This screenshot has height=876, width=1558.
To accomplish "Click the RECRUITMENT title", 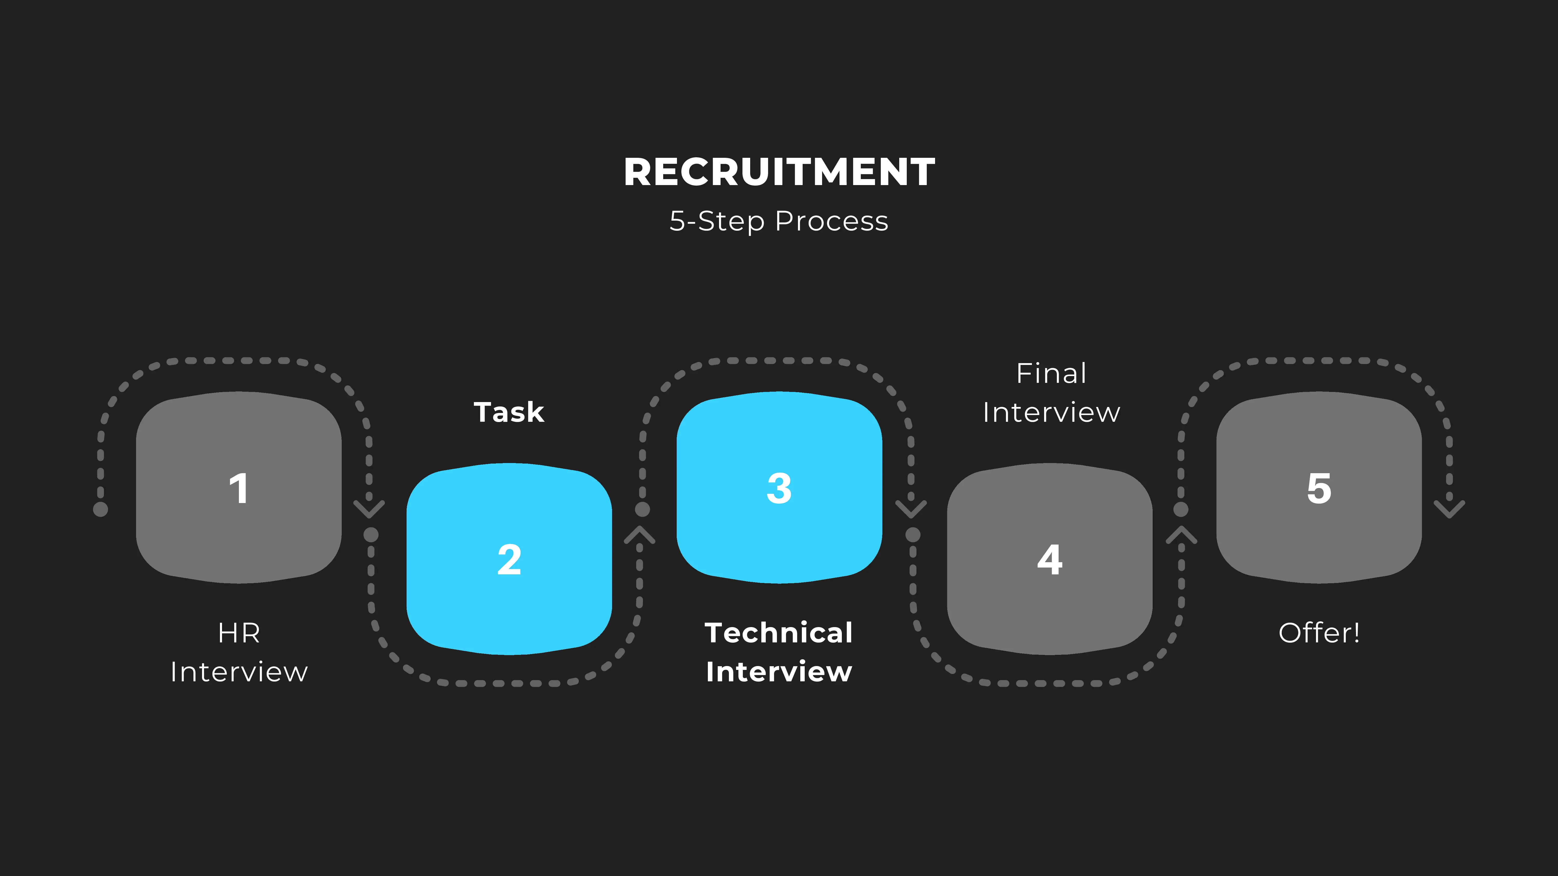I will (779, 172).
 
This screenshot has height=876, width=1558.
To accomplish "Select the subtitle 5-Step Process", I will (779, 221).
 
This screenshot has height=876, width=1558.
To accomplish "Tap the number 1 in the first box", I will (239, 488).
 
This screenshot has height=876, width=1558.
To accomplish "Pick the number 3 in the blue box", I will (779, 488).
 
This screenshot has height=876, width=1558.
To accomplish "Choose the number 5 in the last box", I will (1319, 488).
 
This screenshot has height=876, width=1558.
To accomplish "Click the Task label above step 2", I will (509, 412).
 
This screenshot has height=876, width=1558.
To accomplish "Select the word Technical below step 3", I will (779, 633).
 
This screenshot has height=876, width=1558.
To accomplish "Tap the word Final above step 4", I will (1051, 374).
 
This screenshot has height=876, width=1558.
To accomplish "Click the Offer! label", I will (1319, 633).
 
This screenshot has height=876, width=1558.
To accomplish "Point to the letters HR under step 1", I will (239, 633).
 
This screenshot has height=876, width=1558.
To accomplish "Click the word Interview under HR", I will (239, 672).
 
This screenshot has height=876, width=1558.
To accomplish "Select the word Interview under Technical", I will (779, 672).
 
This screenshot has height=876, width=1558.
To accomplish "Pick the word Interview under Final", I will (1051, 412).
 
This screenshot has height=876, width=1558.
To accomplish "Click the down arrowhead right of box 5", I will (1449, 509).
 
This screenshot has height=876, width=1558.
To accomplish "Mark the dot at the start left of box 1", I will (100, 509).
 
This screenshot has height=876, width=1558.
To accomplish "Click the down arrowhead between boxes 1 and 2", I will (369, 509).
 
